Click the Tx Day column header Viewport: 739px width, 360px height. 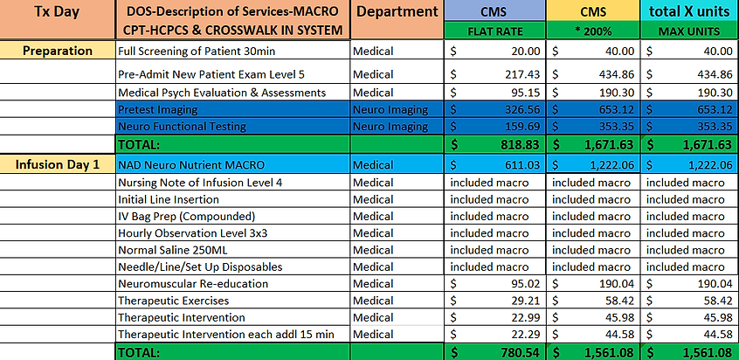coord(56,12)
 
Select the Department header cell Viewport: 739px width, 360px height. coord(397,12)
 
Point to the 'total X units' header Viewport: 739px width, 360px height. coord(689,12)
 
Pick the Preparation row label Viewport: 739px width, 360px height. coord(59,51)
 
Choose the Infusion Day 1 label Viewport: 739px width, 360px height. coord(59,164)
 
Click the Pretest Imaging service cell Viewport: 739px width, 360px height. coord(158,109)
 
